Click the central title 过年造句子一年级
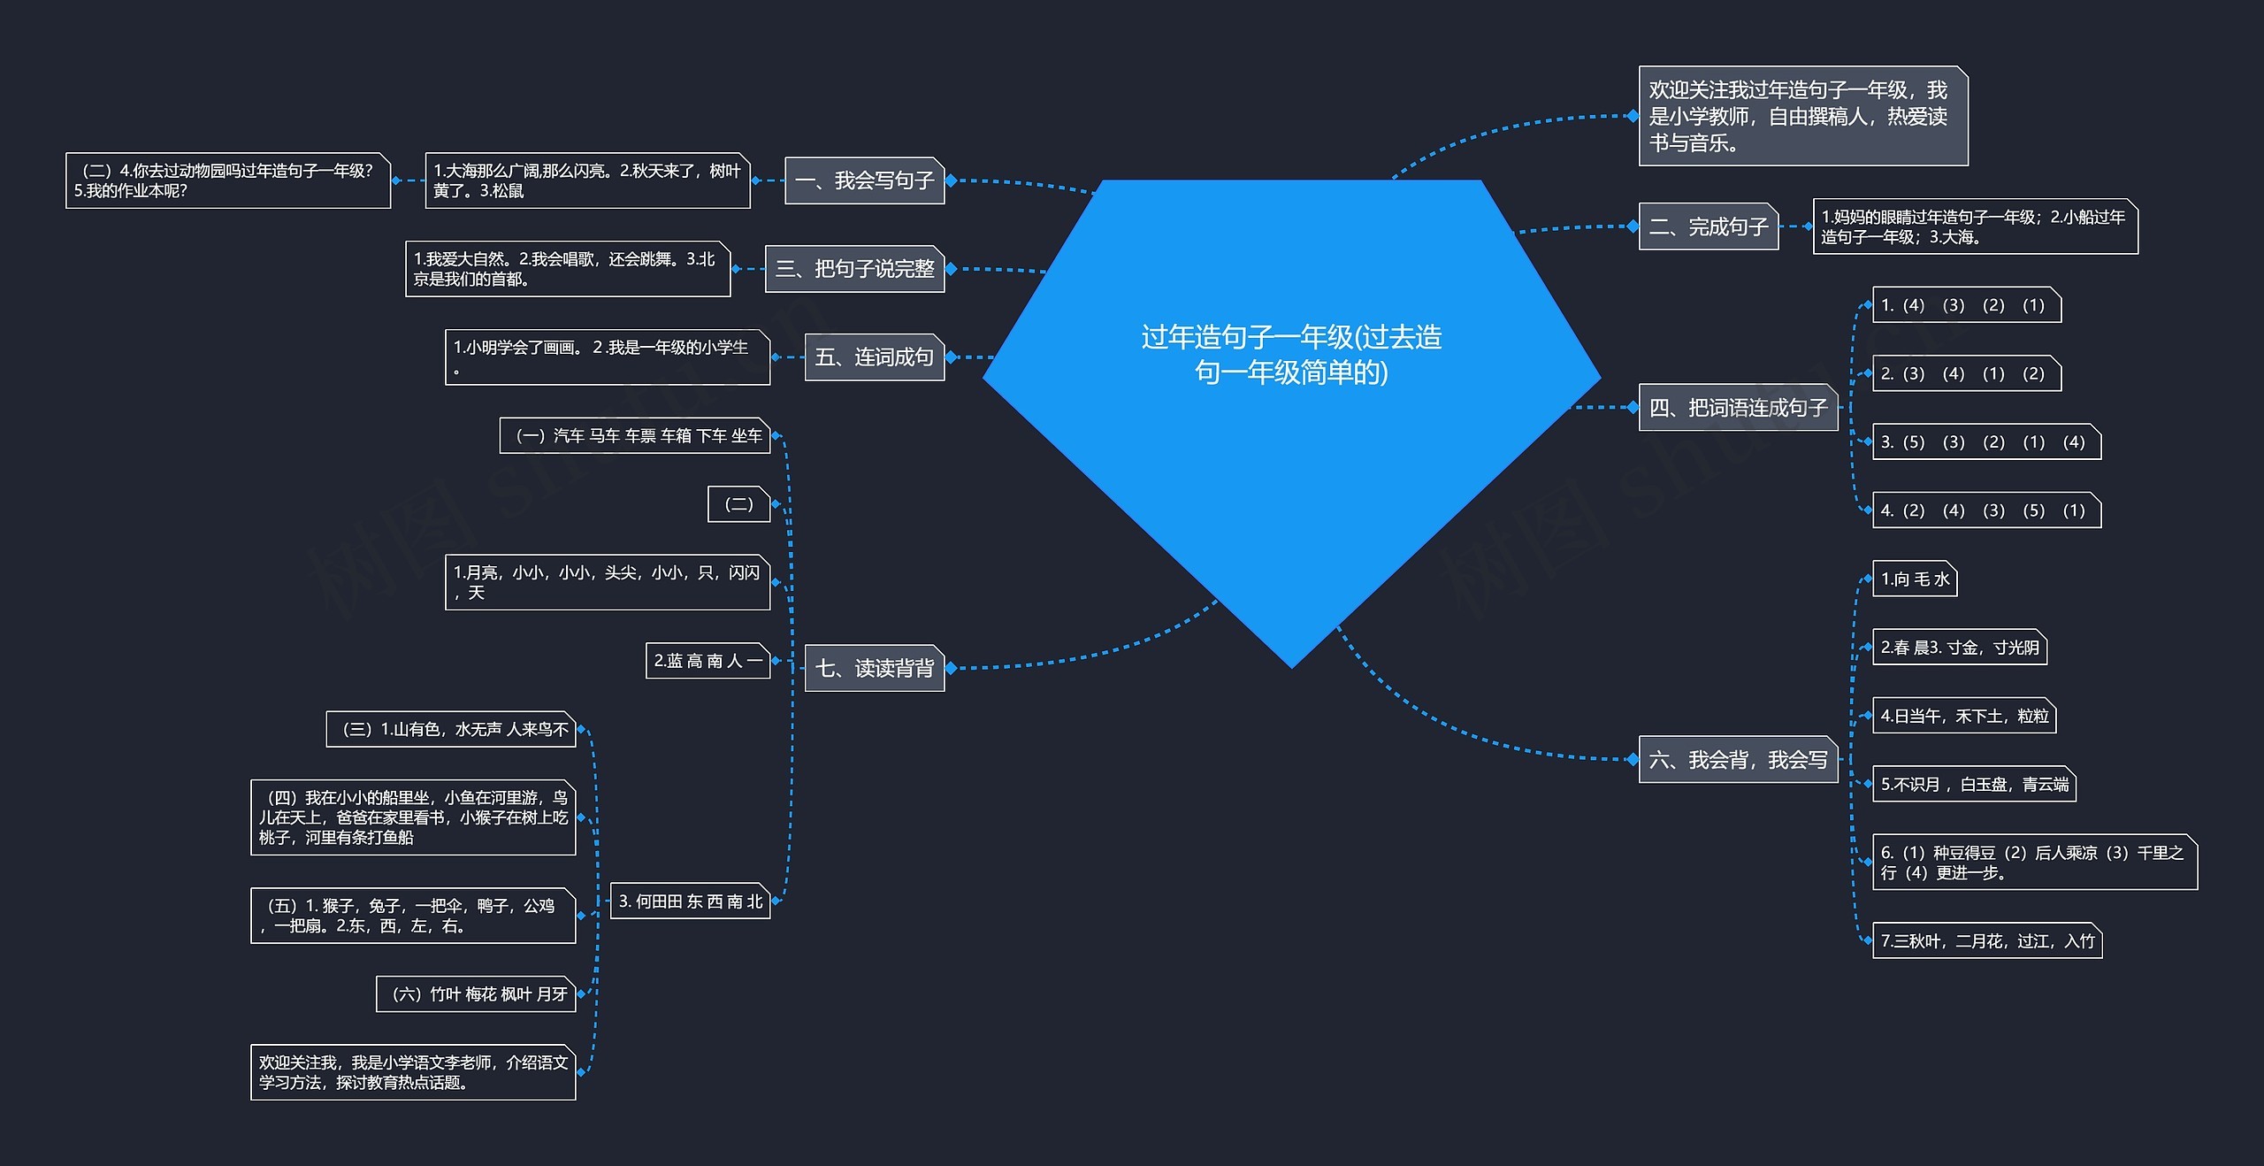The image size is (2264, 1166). click(1291, 354)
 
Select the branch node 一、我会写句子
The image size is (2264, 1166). click(864, 180)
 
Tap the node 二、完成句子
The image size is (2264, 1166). click(1708, 226)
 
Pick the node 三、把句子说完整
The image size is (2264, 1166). click(854, 268)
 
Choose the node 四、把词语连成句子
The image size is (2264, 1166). click(1737, 408)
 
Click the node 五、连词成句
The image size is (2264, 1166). click(874, 357)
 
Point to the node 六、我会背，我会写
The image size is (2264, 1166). click(1737, 759)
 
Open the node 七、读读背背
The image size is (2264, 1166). click(874, 668)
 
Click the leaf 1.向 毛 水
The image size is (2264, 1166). click(1914, 579)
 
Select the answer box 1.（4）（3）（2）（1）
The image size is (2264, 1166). click(1966, 305)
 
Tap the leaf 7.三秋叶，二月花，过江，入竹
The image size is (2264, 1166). click(1986, 940)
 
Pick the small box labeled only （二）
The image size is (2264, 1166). click(738, 504)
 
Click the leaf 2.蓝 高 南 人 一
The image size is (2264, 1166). click(707, 661)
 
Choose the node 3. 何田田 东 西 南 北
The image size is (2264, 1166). click(690, 901)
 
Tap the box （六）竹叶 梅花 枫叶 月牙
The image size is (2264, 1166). click(476, 994)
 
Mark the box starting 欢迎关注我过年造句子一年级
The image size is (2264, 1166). click(1802, 116)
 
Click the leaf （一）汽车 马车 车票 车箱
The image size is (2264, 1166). click(634, 435)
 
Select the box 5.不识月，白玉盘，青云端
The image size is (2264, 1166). click(1973, 784)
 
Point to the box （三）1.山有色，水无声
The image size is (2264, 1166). click(450, 729)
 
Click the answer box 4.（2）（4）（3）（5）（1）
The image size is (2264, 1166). click(1985, 510)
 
